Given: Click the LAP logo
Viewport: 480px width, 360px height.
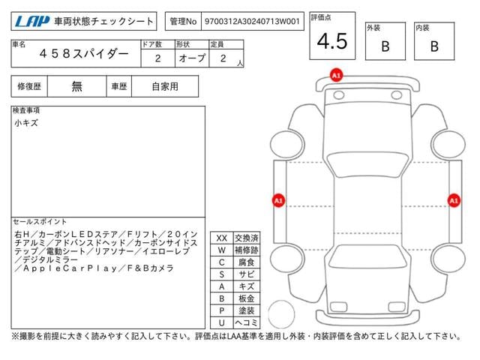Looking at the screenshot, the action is tap(32, 22).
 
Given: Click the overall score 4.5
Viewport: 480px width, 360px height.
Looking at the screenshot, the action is tap(332, 41).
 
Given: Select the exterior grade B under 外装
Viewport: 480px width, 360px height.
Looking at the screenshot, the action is tap(385, 46).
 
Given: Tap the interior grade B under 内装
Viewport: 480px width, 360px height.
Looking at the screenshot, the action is tap(434, 46).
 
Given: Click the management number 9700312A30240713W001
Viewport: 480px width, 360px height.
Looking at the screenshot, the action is tap(252, 22).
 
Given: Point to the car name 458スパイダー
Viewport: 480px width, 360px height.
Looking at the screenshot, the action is tap(84, 54).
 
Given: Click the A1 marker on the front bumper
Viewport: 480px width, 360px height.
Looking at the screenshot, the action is tap(336, 75).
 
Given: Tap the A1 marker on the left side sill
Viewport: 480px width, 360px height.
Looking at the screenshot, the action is tap(278, 200).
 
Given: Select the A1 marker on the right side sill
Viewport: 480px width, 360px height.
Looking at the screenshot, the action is tap(454, 200).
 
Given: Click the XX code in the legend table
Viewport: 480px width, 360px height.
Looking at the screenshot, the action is tap(222, 238).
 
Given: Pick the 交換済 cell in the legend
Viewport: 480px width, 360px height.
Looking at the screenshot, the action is tap(247, 238).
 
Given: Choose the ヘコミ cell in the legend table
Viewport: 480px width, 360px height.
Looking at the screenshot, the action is tap(247, 322).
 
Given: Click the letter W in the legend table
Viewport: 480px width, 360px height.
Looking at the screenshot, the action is tap(222, 250).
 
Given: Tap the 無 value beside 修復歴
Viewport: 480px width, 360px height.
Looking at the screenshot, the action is tap(76, 87).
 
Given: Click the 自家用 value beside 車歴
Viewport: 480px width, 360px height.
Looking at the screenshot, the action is tap(165, 87).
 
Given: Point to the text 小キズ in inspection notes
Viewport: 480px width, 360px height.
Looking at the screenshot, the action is tap(26, 123).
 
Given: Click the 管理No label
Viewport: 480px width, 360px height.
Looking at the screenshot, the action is tap(183, 22).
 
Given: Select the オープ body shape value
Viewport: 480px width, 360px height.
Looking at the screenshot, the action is tap(192, 58).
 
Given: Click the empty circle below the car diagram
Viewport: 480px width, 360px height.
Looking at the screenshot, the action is tap(281, 314).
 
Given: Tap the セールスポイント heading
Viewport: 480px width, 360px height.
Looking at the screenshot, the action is tap(40, 222).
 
